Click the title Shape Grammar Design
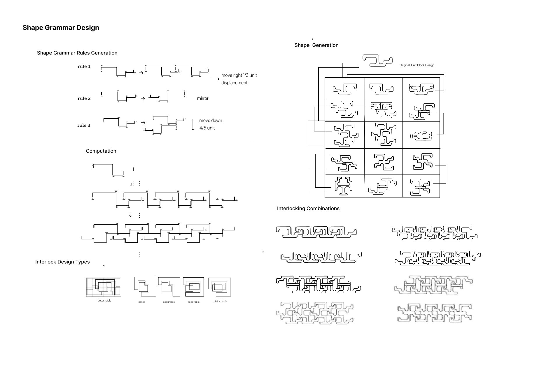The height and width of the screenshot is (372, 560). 61,28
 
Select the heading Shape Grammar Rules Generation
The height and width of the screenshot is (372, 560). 77,53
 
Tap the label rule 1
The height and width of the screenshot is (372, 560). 84,66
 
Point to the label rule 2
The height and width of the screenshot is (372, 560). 84,98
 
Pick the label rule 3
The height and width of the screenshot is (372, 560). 84,125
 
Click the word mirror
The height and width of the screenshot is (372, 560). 202,98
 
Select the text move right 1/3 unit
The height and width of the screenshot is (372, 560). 239,75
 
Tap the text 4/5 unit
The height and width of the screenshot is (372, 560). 207,128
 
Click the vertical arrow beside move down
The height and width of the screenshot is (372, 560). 193,124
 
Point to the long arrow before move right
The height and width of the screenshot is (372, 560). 215,79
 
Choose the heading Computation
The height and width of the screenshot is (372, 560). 101,151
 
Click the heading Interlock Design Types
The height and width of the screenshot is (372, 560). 62,262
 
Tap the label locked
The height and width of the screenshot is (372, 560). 141,302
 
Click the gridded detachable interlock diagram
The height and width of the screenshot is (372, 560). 104,287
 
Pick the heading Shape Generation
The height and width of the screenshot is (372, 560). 316,45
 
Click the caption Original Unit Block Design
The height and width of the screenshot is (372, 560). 417,65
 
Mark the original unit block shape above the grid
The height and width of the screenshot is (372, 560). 377,61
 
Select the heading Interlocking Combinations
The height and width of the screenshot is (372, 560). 308,208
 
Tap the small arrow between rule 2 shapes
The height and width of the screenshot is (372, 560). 143,99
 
